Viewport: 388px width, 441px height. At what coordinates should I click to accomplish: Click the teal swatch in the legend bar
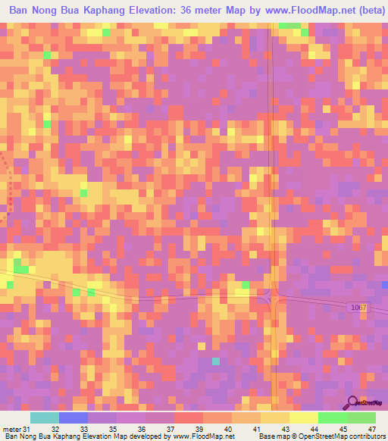pyautogui.click(x=44, y=418)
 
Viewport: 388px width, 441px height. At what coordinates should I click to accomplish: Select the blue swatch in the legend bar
pyautogui.click(x=73, y=418)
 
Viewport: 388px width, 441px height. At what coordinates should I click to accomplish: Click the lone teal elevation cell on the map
pyautogui.click(x=215, y=361)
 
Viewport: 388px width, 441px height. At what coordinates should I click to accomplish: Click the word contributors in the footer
pyautogui.click(x=367, y=436)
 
